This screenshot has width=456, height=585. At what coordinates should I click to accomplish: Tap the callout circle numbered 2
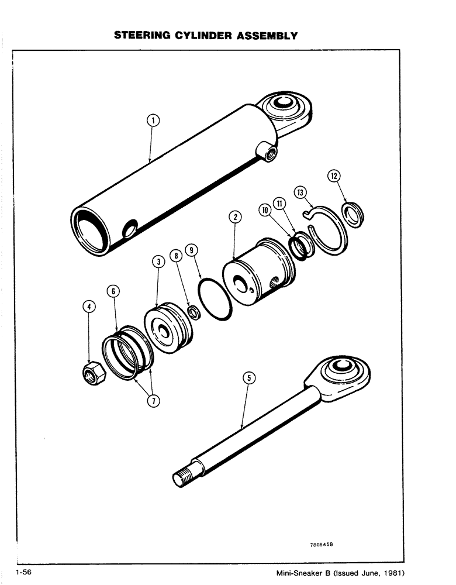(x=234, y=218)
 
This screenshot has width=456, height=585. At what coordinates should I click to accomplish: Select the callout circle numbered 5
(x=248, y=378)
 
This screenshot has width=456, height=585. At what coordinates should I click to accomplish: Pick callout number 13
(x=300, y=192)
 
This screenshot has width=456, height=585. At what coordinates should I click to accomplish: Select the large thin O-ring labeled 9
(x=214, y=300)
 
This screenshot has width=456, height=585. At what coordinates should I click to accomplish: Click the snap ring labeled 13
(x=329, y=231)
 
